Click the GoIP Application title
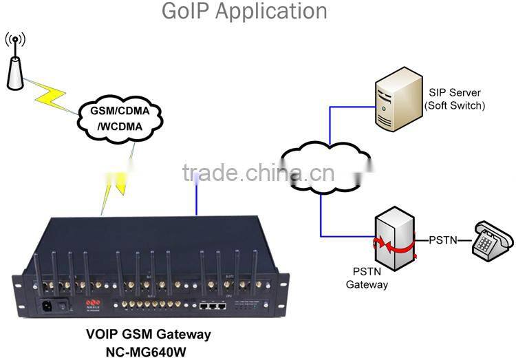tap(244, 12)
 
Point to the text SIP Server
tap(454, 93)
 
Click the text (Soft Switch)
tap(454, 105)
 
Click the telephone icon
tap(492, 241)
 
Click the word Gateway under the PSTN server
tap(367, 284)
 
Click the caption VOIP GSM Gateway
tap(148, 335)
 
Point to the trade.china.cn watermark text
tap(259, 172)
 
